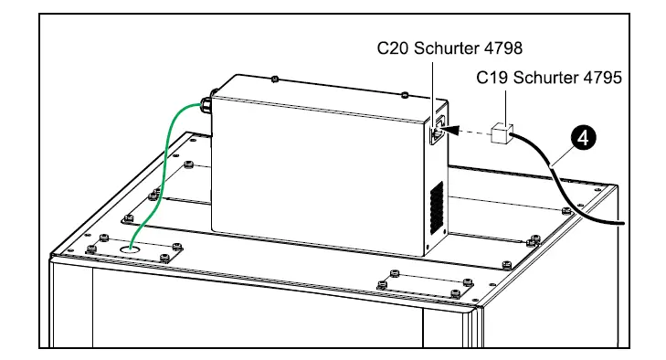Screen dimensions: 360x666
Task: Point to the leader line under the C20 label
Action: pyautogui.click(x=431, y=87)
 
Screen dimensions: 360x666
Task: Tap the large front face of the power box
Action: pyautogui.click(x=320, y=183)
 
